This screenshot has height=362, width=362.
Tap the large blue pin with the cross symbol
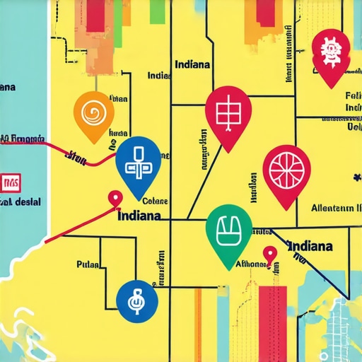point(137,165)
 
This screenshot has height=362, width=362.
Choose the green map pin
point(228,232)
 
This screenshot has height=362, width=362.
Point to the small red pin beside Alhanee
point(269,254)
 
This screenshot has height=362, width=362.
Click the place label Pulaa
point(88,265)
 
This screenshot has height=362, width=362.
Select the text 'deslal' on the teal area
point(27,202)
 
